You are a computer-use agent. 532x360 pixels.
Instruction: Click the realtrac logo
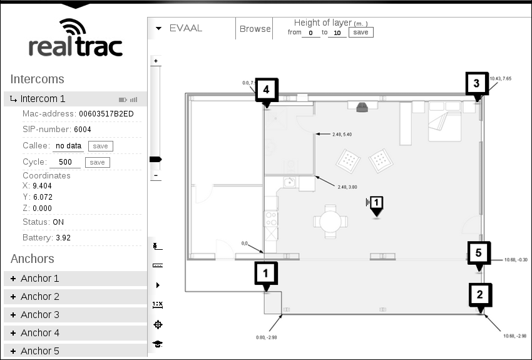75,38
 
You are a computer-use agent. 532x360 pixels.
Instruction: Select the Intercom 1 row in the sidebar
43,99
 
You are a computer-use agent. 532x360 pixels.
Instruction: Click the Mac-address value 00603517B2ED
106,114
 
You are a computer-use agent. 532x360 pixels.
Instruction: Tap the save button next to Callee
100,146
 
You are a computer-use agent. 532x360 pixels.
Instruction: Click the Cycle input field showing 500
65,163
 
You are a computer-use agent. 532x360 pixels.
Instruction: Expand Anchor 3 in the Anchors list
40,315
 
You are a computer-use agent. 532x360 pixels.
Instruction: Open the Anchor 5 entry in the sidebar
40,351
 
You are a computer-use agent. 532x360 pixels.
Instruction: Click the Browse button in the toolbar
255,29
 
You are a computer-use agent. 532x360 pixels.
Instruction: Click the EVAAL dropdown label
185,28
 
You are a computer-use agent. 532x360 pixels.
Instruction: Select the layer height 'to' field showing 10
337,33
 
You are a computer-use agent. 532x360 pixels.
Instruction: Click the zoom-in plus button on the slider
156,61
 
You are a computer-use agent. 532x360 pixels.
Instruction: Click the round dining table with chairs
330,220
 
